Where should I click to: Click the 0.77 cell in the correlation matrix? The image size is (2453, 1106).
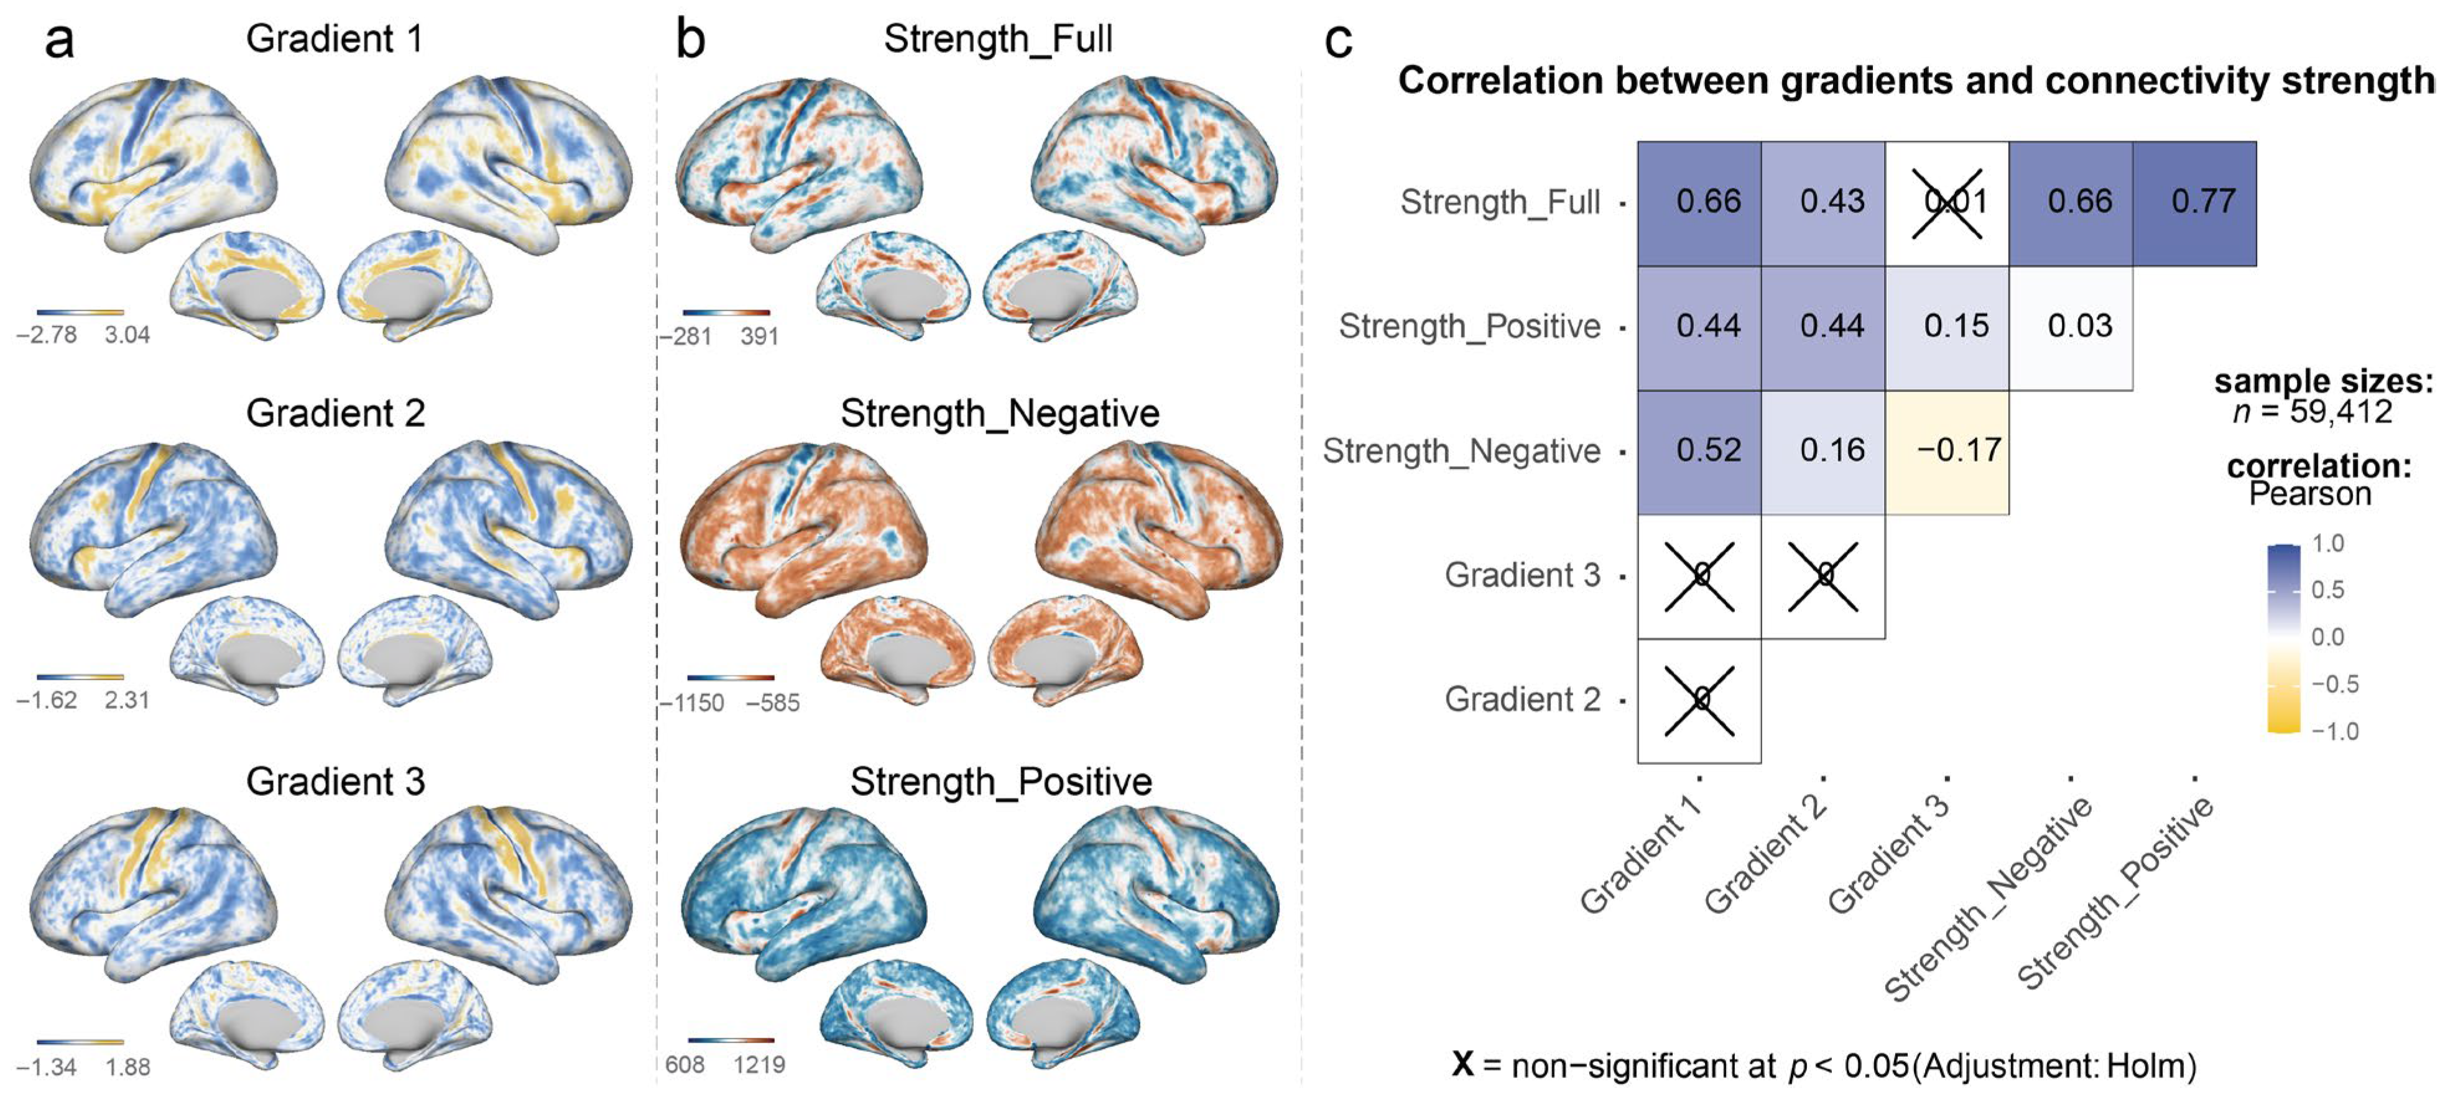pyautogui.click(x=2194, y=202)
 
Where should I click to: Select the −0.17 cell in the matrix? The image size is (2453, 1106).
pyautogui.click(x=1947, y=450)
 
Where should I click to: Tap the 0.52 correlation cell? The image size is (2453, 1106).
pyautogui.click(x=1700, y=450)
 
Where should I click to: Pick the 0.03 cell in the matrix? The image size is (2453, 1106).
pyautogui.click(x=2071, y=326)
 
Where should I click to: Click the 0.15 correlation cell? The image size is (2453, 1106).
pyautogui.click(x=1947, y=326)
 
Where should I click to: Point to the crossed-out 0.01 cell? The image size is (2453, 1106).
pyautogui.click(x=1947, y=202)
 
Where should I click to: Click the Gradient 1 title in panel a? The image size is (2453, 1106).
pyautogui.click(x=335, y=39)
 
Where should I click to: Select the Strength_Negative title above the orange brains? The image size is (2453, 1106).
pyautogui.click(x=1000, y=414)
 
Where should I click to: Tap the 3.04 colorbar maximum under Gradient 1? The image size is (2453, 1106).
pyautogui.click(x=127, y=335)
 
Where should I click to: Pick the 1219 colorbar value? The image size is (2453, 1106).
pyautogui.click(x=759, y=1065)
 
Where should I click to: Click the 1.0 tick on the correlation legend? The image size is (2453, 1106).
pyautogui.click(x=2328, y=544)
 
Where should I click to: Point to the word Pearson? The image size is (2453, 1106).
pyautogui.click(x=2310, y=494)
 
